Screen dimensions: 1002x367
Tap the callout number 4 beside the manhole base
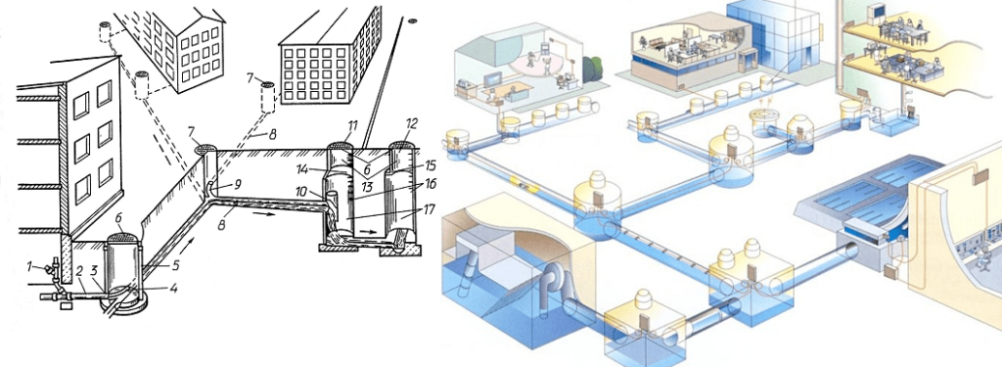[173, 288]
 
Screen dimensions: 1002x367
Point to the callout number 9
[237, 185]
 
